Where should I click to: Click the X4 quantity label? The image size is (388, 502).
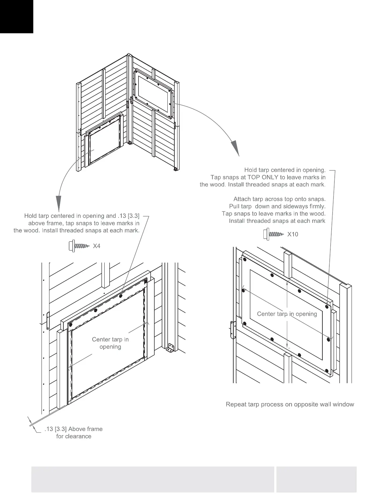[x=96, y=246]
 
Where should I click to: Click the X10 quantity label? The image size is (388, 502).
[x=293, y=235]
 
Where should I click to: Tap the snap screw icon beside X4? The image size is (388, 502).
[x=79, y=246]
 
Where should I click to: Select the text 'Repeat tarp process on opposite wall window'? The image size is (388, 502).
[x=290, y=404]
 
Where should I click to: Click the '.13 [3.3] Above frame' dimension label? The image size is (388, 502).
[x=74, y=429]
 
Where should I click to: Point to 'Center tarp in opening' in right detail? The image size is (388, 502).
[x=287, y=314]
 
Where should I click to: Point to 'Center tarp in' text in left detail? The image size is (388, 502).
[x=110, y=339]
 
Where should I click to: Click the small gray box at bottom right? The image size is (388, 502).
[x=316, y=479]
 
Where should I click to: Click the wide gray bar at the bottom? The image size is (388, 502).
[x=152, y=479]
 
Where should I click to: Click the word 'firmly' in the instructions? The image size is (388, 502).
[x=316, y=207]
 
